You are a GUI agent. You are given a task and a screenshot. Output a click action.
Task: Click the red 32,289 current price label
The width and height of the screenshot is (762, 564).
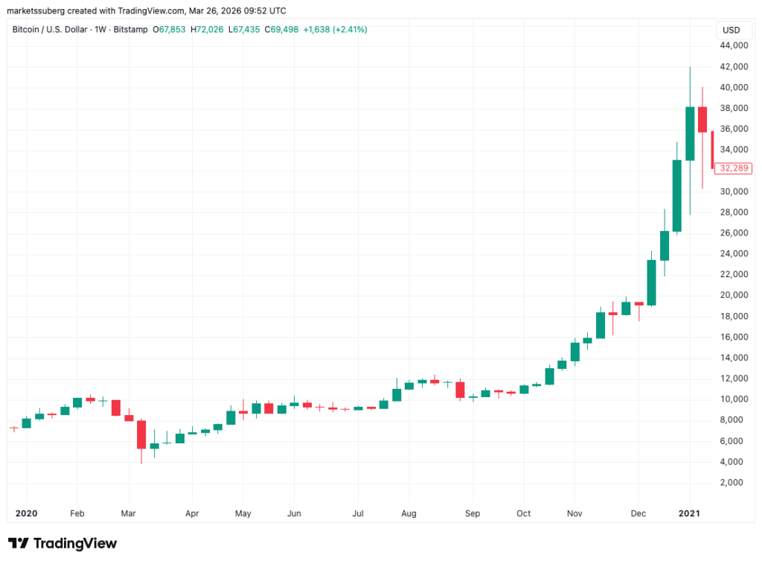pyautogui.click(x=733, y=168)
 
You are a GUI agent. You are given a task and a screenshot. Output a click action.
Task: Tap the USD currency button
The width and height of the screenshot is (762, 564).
pyautogui.click(x=731, y=31)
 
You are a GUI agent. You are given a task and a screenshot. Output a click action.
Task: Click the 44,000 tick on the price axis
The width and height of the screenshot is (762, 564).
pyautogui.click(x=734, y=46)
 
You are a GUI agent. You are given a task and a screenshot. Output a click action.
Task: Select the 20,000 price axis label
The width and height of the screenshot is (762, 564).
pyautogui.click(x=734, y=295)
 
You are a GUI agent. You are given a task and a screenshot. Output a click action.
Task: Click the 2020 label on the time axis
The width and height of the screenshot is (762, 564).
pyautogui.click(x=26, y=513)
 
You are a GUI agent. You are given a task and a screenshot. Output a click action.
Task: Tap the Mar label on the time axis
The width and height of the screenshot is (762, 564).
pyautogui.click(x=129, y=513)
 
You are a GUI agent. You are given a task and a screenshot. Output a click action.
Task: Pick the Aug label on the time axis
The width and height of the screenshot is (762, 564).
pyautogui.click(x=409, y=513)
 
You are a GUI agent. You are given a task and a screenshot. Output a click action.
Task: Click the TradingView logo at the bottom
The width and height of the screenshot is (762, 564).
pyautogui.click(x=62, y=543)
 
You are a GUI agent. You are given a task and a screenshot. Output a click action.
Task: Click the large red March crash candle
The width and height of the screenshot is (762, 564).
pyautogui.click(x=141, y=434)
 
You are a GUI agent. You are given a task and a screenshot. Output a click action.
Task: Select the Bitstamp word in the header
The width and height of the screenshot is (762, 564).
pyautogui.click(x=127, y=30)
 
